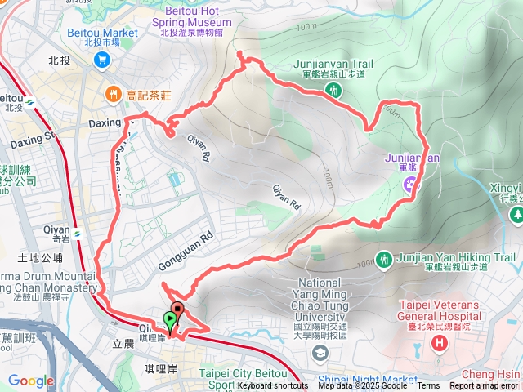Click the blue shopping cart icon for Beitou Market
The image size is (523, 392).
pyautogui.click(x=102, y=59)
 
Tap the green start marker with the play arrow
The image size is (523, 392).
pyautogui.click(x=170, y=320)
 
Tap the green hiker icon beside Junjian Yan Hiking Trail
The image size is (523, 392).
pyautogui.click(x=384, y=259)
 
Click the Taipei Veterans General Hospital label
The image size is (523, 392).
pyautogui.click(x=437, y=314)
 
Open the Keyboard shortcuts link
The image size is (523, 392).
pyautogui.click(x=273, y=386)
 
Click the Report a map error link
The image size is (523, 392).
pyautogui.click(x=484, y=386)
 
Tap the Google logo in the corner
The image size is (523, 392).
pyautogui.click(x=30, y=381)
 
